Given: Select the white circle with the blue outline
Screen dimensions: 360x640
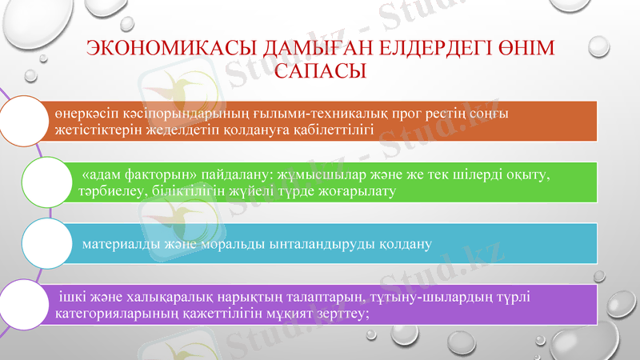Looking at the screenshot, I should coord(46,242).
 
